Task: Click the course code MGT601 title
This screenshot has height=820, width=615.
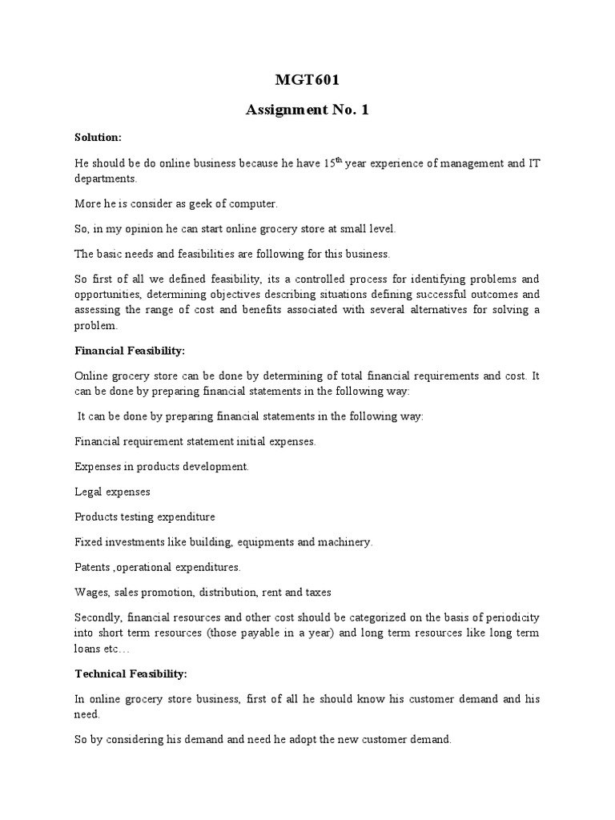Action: (307, 80)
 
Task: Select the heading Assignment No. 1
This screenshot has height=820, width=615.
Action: (307, 111)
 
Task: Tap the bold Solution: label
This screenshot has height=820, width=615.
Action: (98, 138)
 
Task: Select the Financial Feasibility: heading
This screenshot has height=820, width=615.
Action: (122, 351)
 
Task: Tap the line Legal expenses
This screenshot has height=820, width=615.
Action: (112, 491)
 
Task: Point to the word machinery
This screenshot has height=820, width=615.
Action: (345, 542)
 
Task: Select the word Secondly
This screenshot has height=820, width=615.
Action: (99, 617)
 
